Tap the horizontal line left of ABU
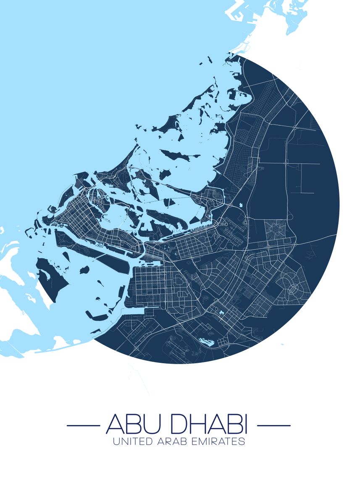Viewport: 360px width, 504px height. [83, 425]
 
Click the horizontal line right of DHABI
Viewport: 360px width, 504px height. [273, 425]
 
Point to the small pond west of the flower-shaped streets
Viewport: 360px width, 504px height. [242, 205]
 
